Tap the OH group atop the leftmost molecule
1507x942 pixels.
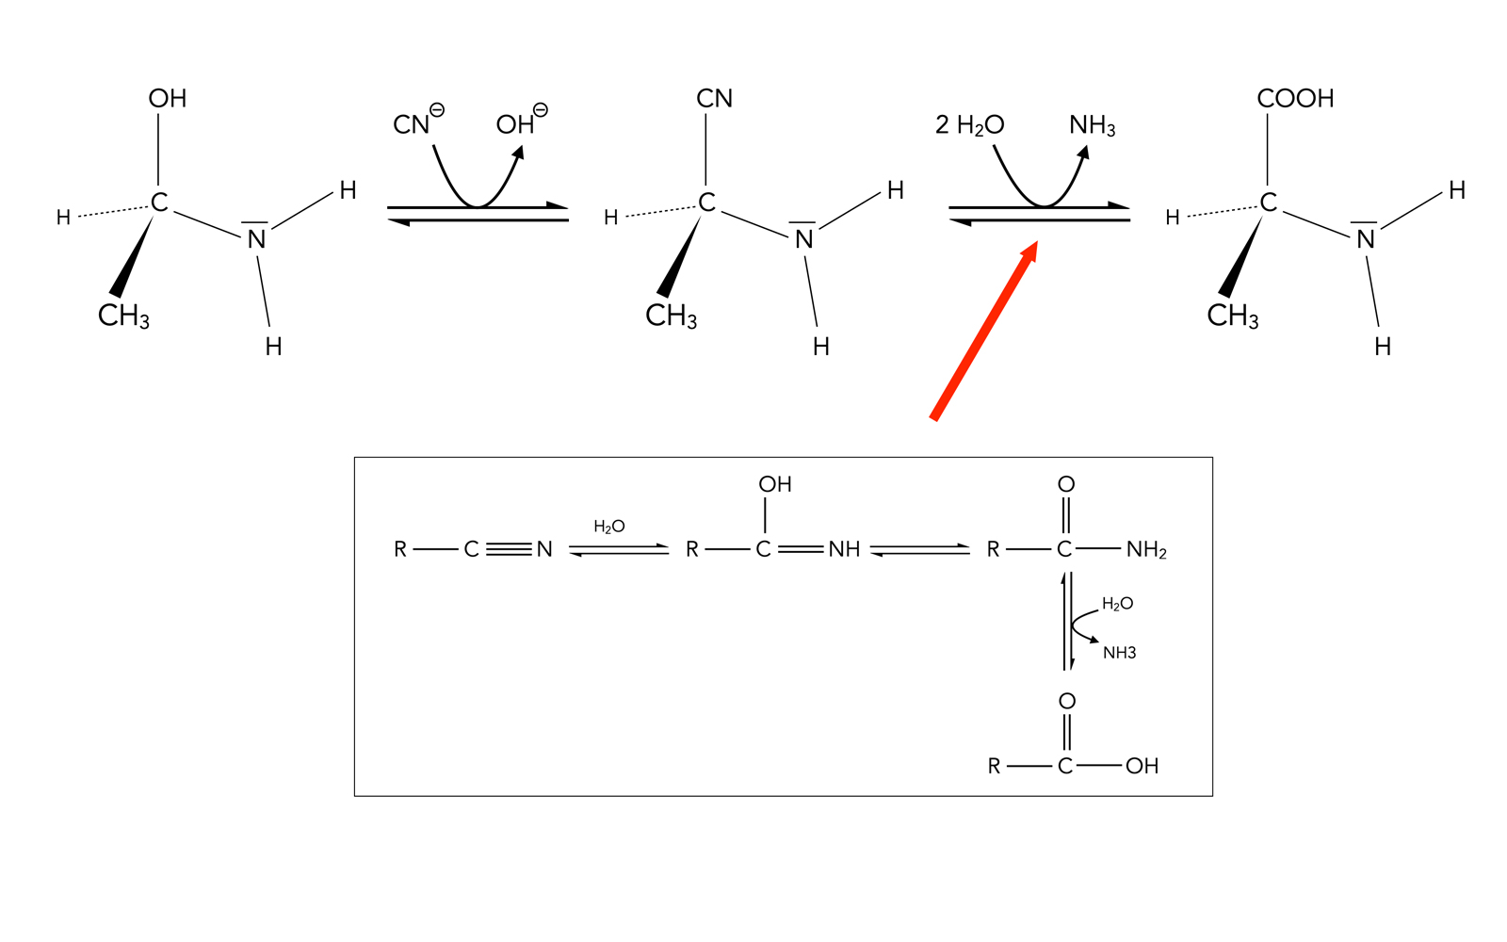(168, 99)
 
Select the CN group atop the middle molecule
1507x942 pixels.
(714, 99)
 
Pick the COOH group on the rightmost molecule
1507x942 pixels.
(1295, 99)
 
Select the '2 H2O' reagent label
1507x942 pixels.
(969, 125)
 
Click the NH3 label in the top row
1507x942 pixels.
(1092, 125)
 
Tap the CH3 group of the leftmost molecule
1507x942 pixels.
(123, 316)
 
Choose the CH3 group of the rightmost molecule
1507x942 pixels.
(1232, 316)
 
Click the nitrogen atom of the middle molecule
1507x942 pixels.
(803, 239)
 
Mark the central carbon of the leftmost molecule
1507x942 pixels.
(159, 203)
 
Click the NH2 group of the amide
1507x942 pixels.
(1146, 550)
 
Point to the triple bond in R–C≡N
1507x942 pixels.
(509, 549)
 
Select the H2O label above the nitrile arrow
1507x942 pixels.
(608, 527)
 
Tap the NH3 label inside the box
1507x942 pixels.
(1119, 653)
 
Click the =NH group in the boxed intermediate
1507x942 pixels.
(844, 549)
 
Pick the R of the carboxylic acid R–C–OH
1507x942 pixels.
(994, 767)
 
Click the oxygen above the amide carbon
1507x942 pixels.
(1065, 484)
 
